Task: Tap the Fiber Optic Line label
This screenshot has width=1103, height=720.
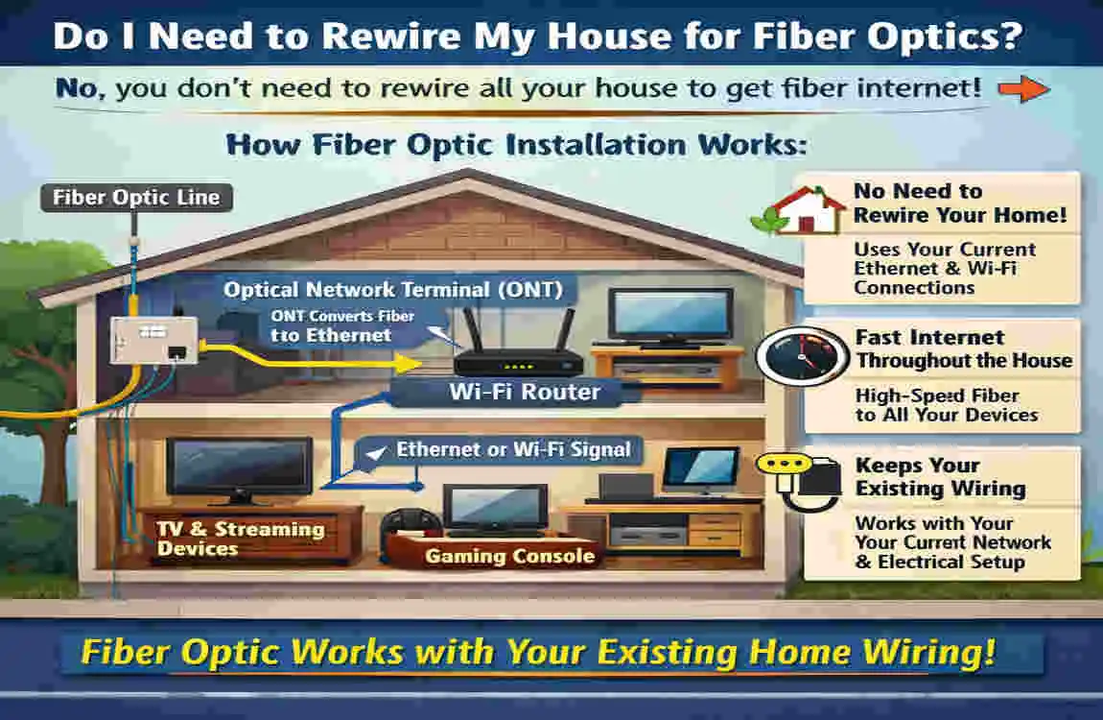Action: (136, 199)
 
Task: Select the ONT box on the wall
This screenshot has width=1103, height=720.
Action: (153, 340)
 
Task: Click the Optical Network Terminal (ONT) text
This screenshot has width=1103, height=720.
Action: (393, 289)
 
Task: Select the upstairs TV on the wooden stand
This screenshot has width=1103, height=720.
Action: (658, 318)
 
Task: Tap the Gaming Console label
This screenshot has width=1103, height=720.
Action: (509, 556)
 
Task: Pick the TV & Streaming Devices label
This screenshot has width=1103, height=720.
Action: (240, 539)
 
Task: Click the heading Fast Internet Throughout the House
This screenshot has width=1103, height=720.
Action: (961, 349)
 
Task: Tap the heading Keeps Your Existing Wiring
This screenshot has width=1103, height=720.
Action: (940, 477)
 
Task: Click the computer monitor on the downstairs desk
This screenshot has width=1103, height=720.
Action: (700, 468)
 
